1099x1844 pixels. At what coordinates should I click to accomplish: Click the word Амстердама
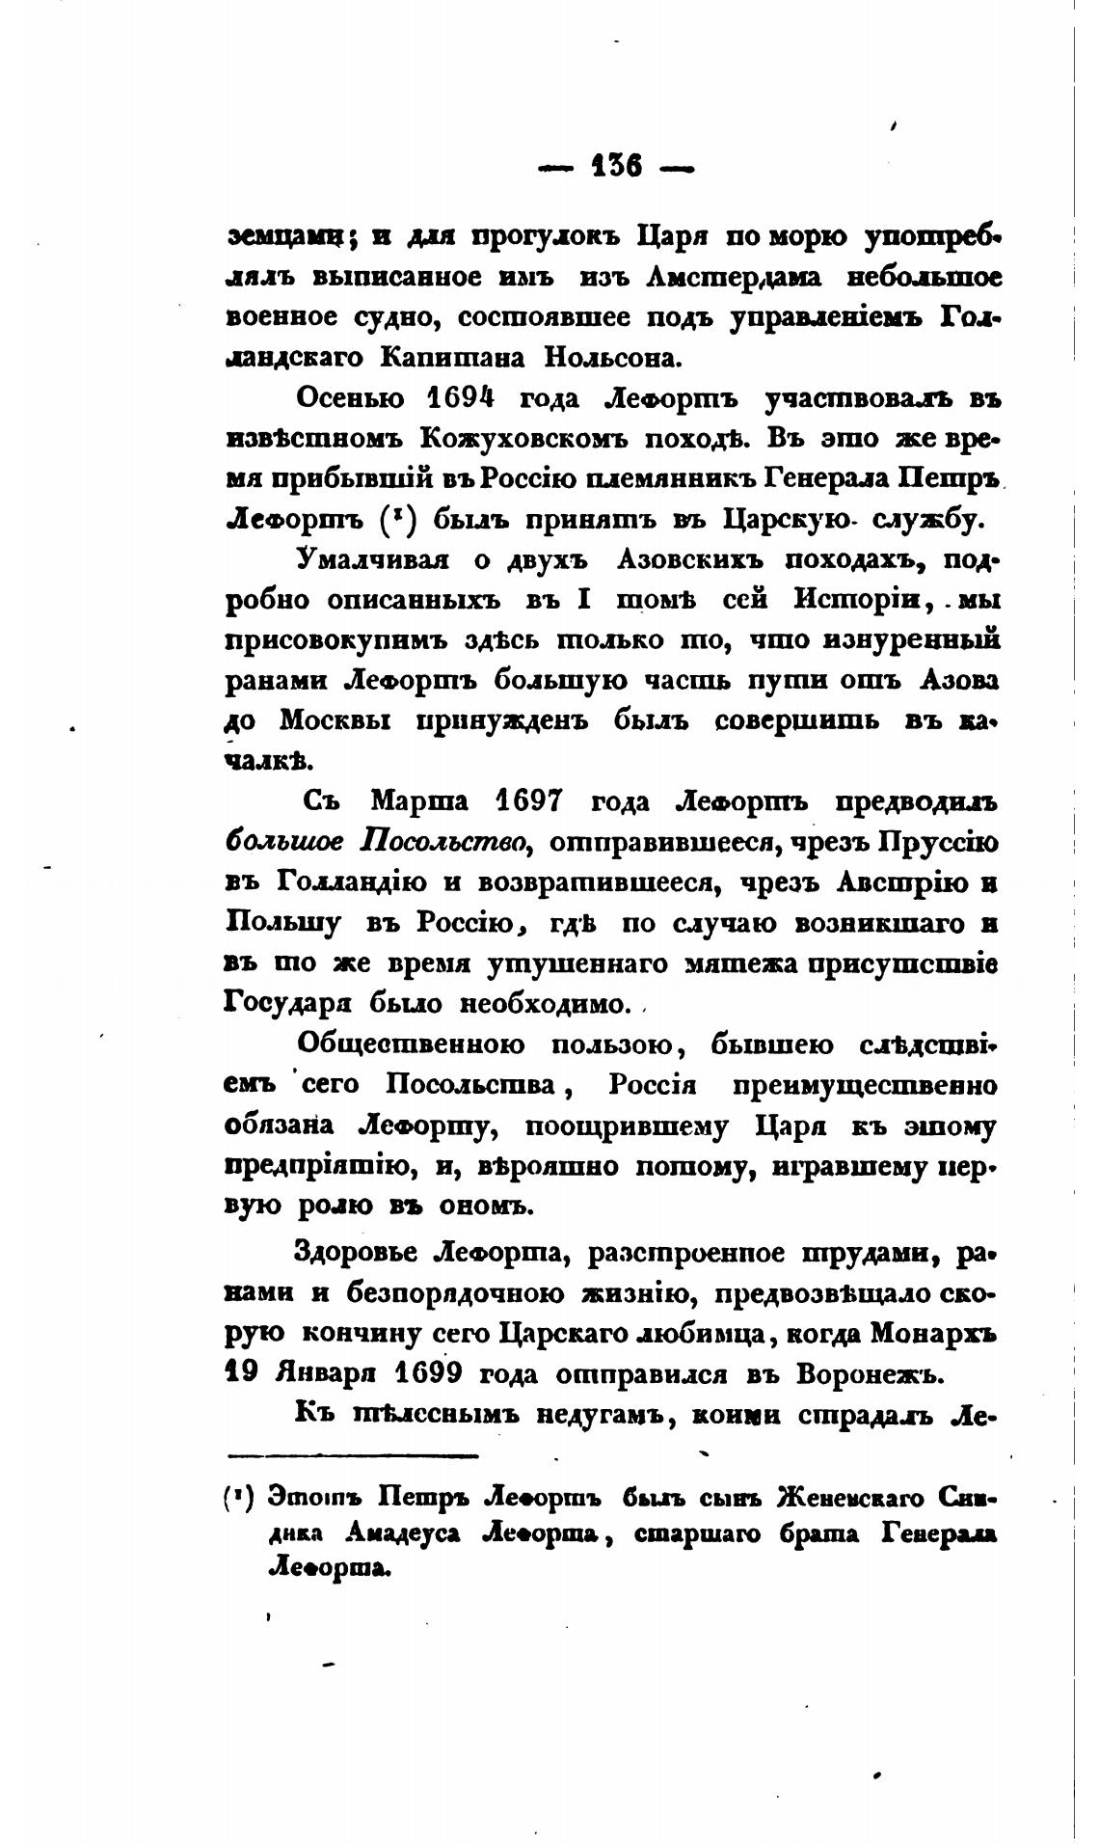(734, 277)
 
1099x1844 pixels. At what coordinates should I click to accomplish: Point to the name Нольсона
(616, 358)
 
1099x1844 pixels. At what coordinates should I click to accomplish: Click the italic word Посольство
(447, 841)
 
